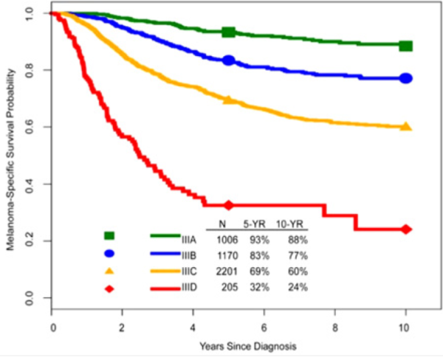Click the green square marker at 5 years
pos(229,32)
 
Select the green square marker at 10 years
pos(405,46)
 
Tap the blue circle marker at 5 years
pos(229,60)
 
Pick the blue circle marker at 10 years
pos(405,78)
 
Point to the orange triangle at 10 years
pos(405,126)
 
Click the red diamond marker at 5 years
pos(229,204)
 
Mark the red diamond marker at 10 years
pos(405,229)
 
